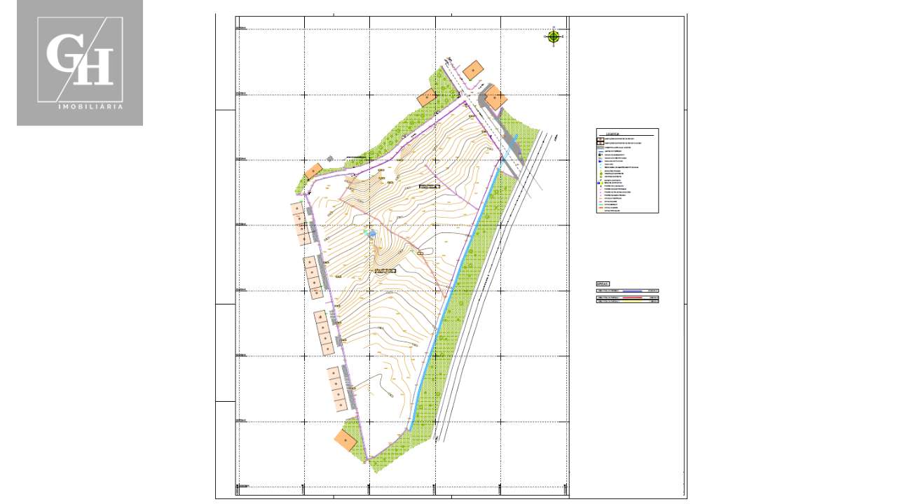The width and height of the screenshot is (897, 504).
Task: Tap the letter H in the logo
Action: point(97,66)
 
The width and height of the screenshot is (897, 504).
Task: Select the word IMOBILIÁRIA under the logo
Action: point(90,107)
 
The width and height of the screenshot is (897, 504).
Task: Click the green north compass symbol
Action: point(554,36)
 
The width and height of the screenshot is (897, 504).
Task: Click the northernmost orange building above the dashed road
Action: point(474,69)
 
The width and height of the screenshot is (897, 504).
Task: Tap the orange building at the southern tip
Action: point(345,440)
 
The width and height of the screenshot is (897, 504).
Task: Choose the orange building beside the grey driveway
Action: point(495,97)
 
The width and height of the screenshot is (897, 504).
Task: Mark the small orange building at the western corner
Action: point(313,171)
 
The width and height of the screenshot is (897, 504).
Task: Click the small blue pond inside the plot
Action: point(372,233)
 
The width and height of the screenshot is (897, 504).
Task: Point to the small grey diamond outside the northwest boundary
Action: point(330,159)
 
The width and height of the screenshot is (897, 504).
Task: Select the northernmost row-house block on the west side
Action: point(301,224)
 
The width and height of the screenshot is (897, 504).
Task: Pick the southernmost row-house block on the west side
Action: point(338,388)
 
